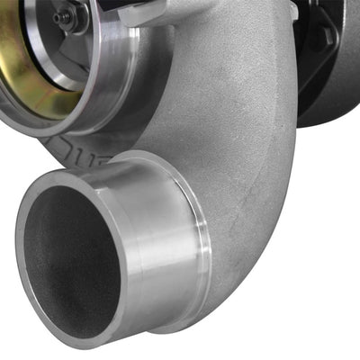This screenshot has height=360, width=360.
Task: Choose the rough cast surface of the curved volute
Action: (234, 117)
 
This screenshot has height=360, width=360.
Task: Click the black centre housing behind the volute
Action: (333, 81)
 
